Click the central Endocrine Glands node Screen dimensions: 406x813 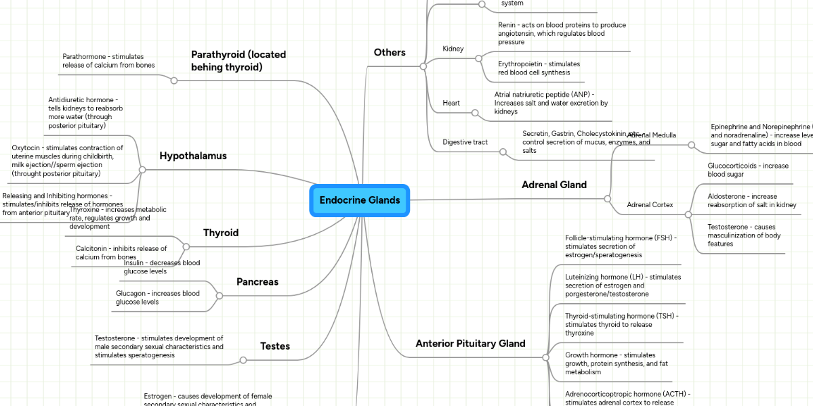tap(360, 200)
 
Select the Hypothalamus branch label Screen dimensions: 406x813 tap(193, 156)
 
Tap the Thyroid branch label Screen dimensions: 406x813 tap(221, 233)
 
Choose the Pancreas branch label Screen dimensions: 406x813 tap(257, 281)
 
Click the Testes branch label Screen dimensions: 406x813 tap(275, 346)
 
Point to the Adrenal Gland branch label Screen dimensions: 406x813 tap(554, 185)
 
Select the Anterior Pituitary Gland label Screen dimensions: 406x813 tap(470, 344)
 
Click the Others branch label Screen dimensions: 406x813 tap(390, 53)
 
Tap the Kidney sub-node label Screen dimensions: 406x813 tap(453, 49)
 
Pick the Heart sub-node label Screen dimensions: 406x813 tap(451, 103)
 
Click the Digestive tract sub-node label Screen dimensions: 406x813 tap(465, 142)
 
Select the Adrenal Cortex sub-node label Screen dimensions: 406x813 tap(650, 204)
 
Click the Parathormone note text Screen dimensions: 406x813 tap(108, 61)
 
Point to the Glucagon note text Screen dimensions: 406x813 tap(158, 298)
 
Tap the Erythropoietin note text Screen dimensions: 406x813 tap(539, 68)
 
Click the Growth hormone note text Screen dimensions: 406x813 tap(617, 363)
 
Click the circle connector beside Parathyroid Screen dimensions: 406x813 tap(174, 81)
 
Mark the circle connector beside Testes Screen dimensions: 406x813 tap(243, 360)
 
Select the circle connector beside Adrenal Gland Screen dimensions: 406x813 tap(607, 198)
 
